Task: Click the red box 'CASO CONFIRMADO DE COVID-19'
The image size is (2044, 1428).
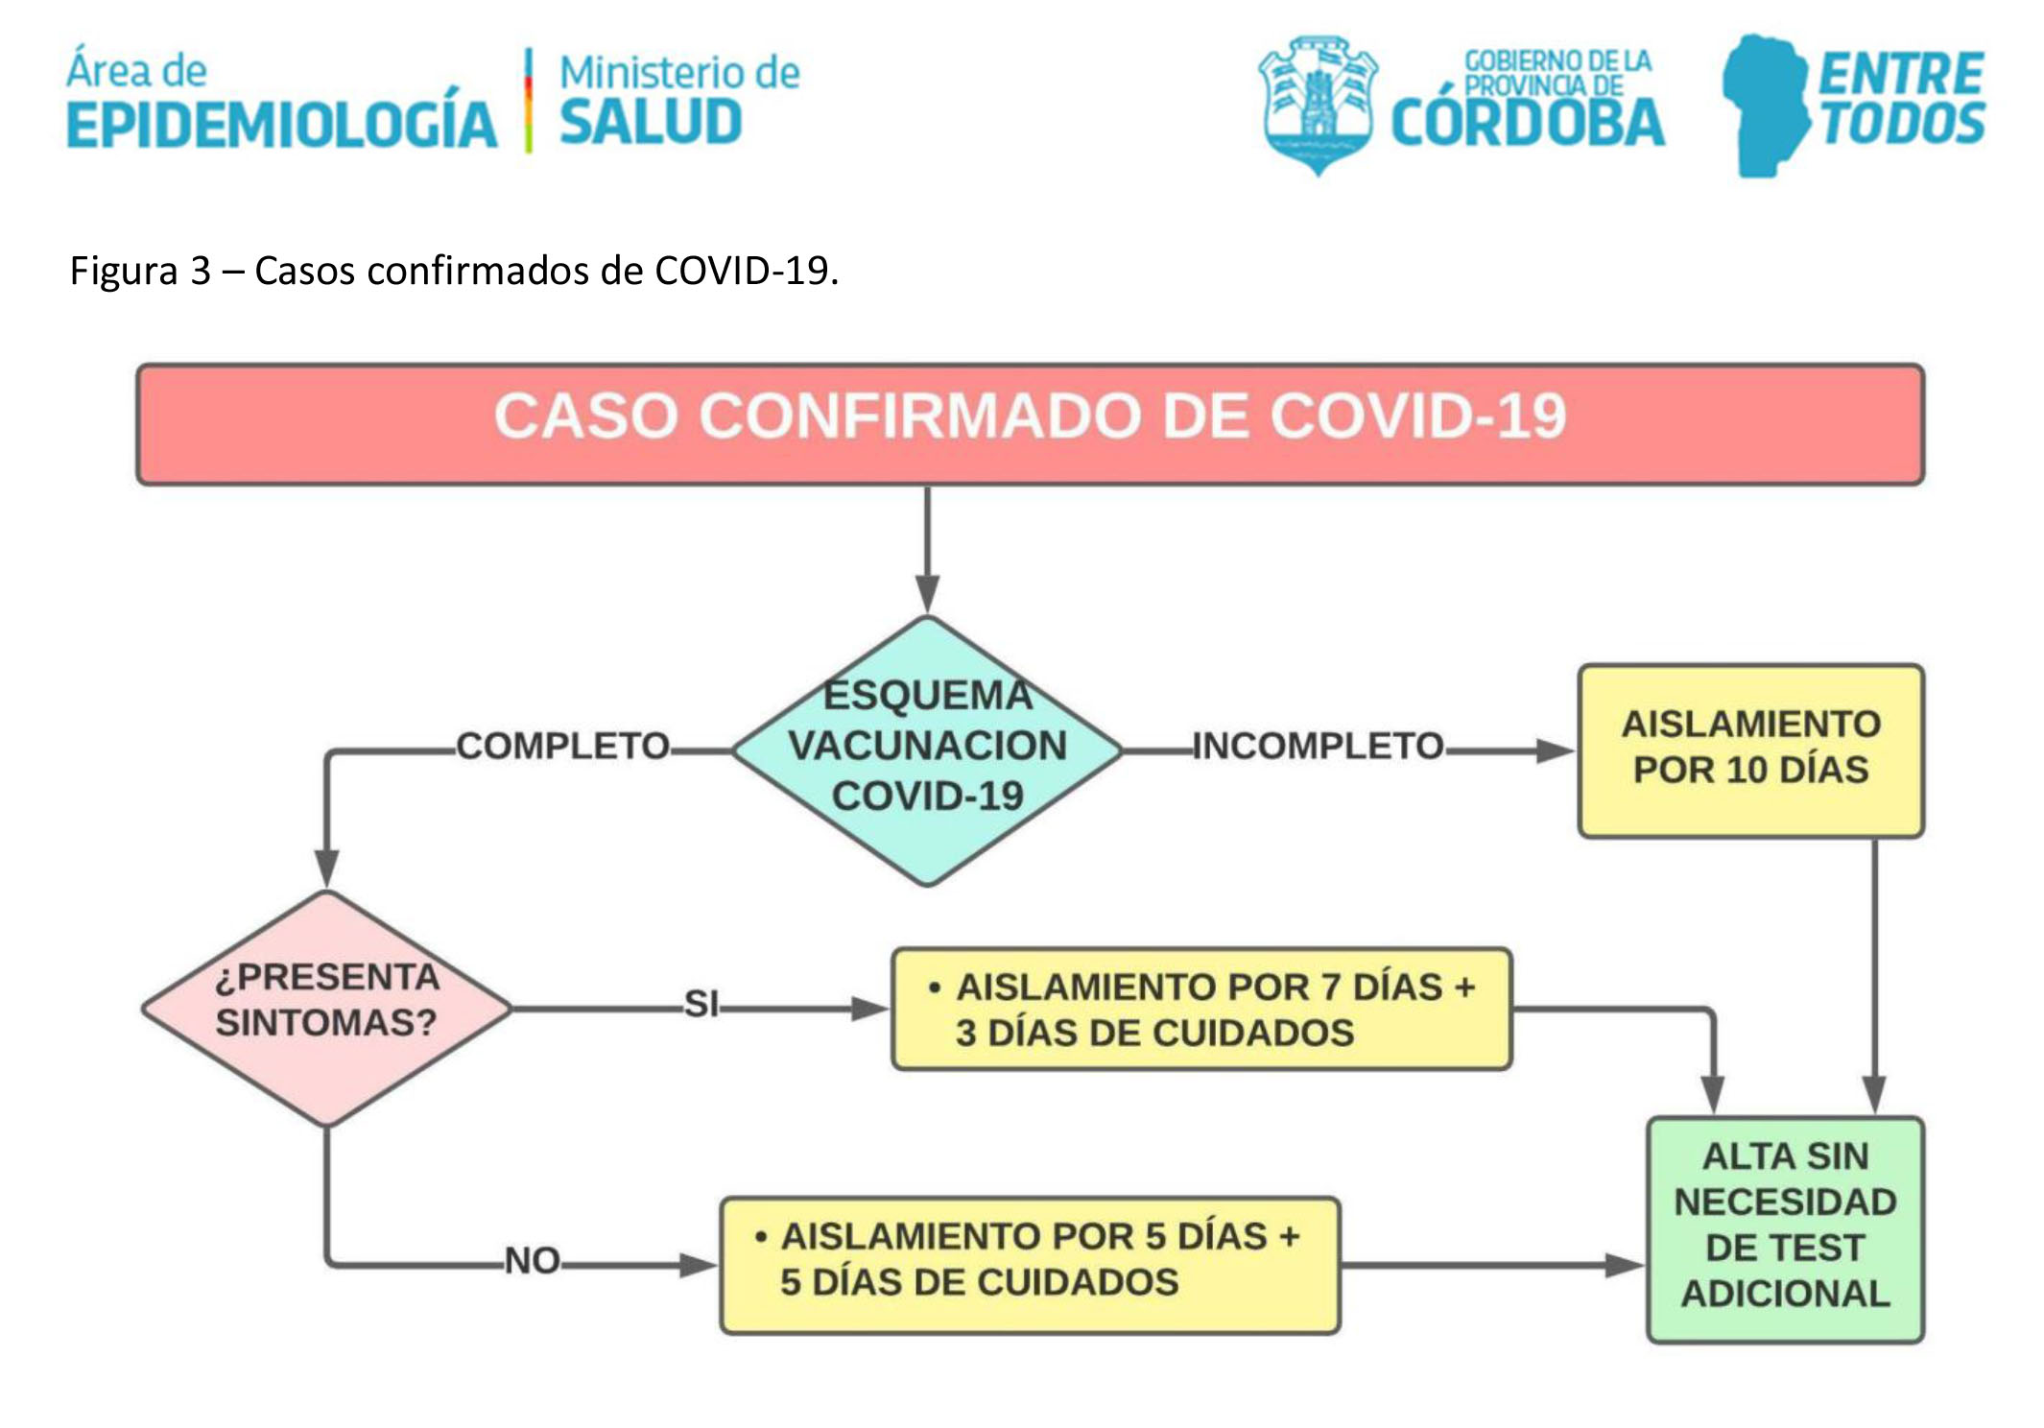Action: click(x=1030, y=423)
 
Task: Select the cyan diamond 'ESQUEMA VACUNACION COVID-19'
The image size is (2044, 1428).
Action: click(x=927, y=749)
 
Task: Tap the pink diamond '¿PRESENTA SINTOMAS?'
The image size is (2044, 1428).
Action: click(x=327, y=1007)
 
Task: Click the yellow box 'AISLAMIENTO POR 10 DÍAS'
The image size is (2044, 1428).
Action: click(x=1750, y=750)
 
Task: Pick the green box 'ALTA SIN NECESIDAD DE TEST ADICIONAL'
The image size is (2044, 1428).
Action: click(x=1785, y=1227)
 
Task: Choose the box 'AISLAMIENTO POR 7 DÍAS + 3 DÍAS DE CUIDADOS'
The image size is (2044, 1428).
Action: click(x=1201, y=1009)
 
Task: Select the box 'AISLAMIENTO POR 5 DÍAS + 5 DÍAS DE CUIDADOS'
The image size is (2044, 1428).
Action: click(x=1030, y=1263)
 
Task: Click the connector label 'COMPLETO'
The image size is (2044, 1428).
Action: click(x=562, y=747)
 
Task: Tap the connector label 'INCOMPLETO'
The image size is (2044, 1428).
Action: click(x=1318, y=747)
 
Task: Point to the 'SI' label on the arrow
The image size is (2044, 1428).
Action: click(x=701, y=1005)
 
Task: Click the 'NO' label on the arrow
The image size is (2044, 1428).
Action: click(x=533, y=1261)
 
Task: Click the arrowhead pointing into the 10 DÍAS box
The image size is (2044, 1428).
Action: click(x=1556, y=750)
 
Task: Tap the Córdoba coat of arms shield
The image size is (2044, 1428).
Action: click(x=1319, y=104)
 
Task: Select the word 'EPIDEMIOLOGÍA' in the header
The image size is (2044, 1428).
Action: click(x=282, y=125)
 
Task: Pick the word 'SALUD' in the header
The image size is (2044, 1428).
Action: click(x=651, y=124)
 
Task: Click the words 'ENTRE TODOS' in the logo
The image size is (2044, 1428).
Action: click(x=1901, y=100)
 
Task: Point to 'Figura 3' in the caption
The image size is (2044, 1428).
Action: click(x=140, y=272)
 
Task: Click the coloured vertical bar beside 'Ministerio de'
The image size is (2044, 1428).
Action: click(x=528, y=101)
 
